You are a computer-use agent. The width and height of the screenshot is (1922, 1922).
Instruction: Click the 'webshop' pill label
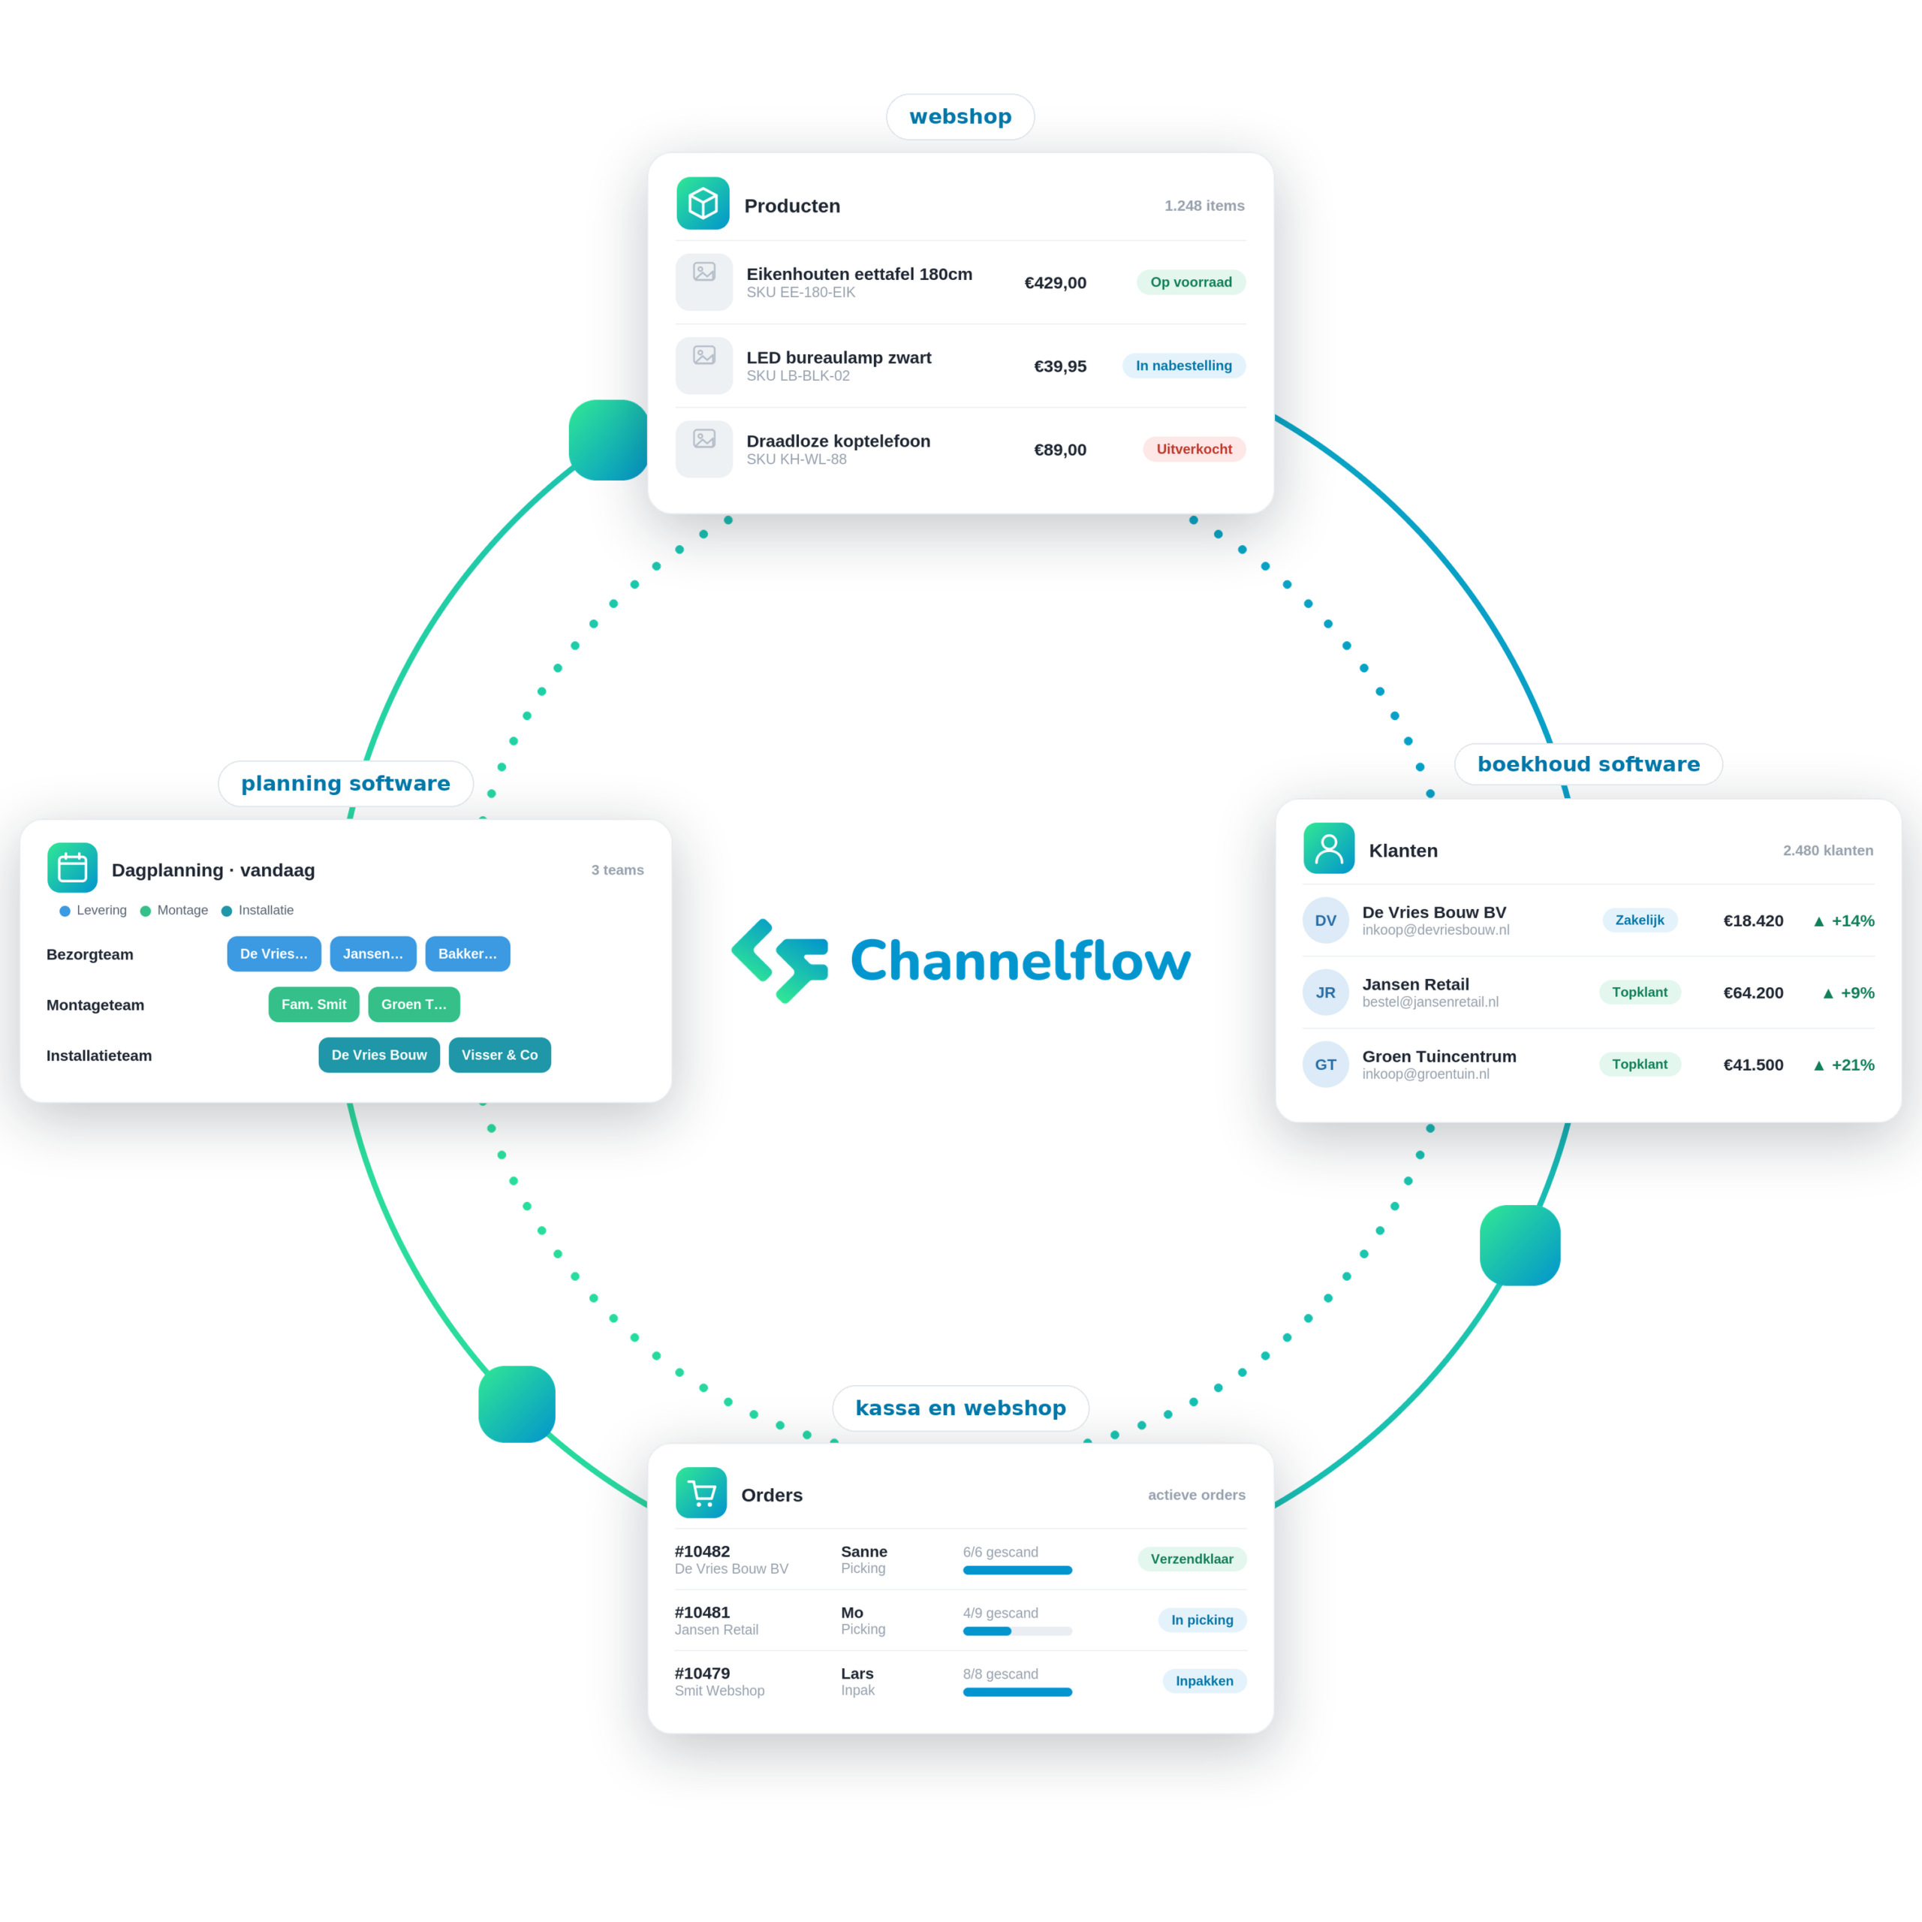(x=960, y=116)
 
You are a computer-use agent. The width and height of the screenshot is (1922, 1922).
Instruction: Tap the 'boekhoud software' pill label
(x=1588, y=764)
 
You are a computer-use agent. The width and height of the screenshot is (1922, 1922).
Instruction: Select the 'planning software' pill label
(x=345, y=783)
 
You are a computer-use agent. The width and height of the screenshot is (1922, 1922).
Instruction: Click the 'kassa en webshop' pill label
(x=960, y=1408)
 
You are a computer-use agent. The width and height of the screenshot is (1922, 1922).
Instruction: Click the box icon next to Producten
(x=702, y=203)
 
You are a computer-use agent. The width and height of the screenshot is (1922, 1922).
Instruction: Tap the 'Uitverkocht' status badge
(x=1194, y=449)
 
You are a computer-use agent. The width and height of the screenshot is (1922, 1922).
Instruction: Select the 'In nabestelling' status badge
(x=1184, y=365)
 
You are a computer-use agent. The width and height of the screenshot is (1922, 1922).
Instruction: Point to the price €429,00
(x=1056, y=282)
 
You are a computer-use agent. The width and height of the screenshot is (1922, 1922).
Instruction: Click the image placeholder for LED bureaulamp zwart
(x=704, y=365)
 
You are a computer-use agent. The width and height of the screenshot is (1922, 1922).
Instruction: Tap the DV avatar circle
(x=1325, y=920)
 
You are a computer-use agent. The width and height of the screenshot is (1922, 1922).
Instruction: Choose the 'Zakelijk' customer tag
(x=1640, y=920)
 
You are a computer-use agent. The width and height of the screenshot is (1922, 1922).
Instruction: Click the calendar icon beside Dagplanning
(x=73, y=867)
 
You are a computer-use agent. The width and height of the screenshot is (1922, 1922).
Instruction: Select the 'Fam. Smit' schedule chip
(x=313, y=1004)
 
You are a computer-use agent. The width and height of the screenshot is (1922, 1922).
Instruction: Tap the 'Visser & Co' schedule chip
(x=499, y=1055)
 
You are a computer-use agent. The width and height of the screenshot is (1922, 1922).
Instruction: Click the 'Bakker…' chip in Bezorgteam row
(x=468, y=953)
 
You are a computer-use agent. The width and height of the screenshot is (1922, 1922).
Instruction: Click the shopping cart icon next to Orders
(x=701, y=1493)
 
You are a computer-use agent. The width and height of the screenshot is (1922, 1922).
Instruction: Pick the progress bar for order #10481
(x=1017, y=1631)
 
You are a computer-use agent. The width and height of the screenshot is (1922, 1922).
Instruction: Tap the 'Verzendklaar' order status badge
(x=1191, y=1559)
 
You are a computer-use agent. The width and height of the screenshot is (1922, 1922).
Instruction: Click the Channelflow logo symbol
(x=780, y=961)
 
